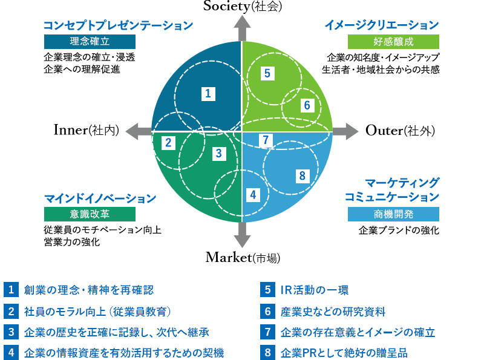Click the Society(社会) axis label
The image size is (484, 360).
coord(242,7)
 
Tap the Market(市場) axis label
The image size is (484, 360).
coord(242,257)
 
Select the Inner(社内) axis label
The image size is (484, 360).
coord(86,130)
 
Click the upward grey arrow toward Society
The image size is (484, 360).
coord(242,27)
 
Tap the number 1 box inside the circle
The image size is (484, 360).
coord(208,94)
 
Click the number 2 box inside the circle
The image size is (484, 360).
coord(169,143)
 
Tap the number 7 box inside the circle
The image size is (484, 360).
coord(265,140)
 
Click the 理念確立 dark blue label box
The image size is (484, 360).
coord(90,42)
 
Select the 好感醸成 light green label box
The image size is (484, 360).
coord(393,42)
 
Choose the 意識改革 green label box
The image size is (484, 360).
coord(90,215)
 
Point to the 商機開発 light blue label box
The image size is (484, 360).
coord(393,214)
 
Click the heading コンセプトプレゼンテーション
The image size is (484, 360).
coord(118,25)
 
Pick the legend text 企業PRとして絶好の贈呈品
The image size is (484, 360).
coord(344,352)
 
